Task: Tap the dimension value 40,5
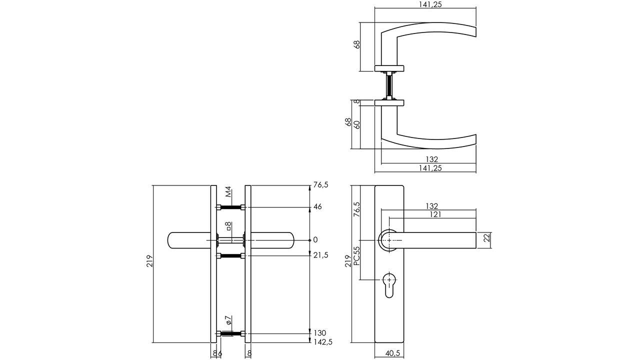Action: [393, 353]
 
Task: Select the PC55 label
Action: [356, 256]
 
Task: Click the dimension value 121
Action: [434, 214]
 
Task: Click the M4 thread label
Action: [228, 192]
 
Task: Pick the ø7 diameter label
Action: [227, 320]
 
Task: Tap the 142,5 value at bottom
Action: [322, 342]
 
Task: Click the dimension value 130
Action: [320, 333]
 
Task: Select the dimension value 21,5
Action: [320, 255]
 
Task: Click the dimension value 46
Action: [317, 206]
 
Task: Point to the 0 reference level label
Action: [315, 240]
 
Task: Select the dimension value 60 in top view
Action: [357, 124]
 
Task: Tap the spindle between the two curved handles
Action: [389, 86]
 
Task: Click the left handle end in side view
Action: [175, 240]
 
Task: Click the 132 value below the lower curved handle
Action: [431, 159]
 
